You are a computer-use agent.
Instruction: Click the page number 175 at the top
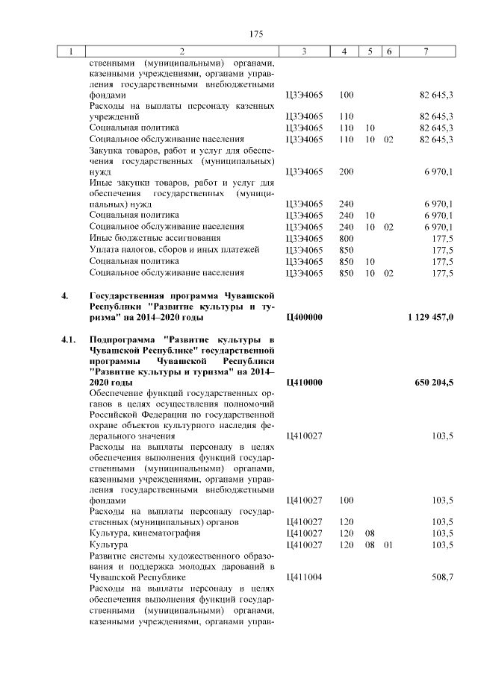[x=256, y=34]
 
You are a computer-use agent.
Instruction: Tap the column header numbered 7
[x=425, y=52]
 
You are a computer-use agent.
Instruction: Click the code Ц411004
[x=305, y=577]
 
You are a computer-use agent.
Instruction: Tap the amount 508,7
[x=442, y=577]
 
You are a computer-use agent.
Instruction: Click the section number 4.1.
[x=69, y=339]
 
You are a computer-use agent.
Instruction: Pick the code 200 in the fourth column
[x=346, y=172]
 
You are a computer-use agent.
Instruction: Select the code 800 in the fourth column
[x=346, y=237]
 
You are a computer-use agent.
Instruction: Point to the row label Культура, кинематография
[x=136, y=533]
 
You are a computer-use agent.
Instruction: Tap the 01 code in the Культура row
[x=388, y=544]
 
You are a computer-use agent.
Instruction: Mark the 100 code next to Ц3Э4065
[x=346, y=95]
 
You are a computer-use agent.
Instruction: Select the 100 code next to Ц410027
[x=346, y=500]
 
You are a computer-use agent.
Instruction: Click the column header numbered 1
[x=71, y=52]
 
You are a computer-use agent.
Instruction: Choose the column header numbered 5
[x=370, y=52]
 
